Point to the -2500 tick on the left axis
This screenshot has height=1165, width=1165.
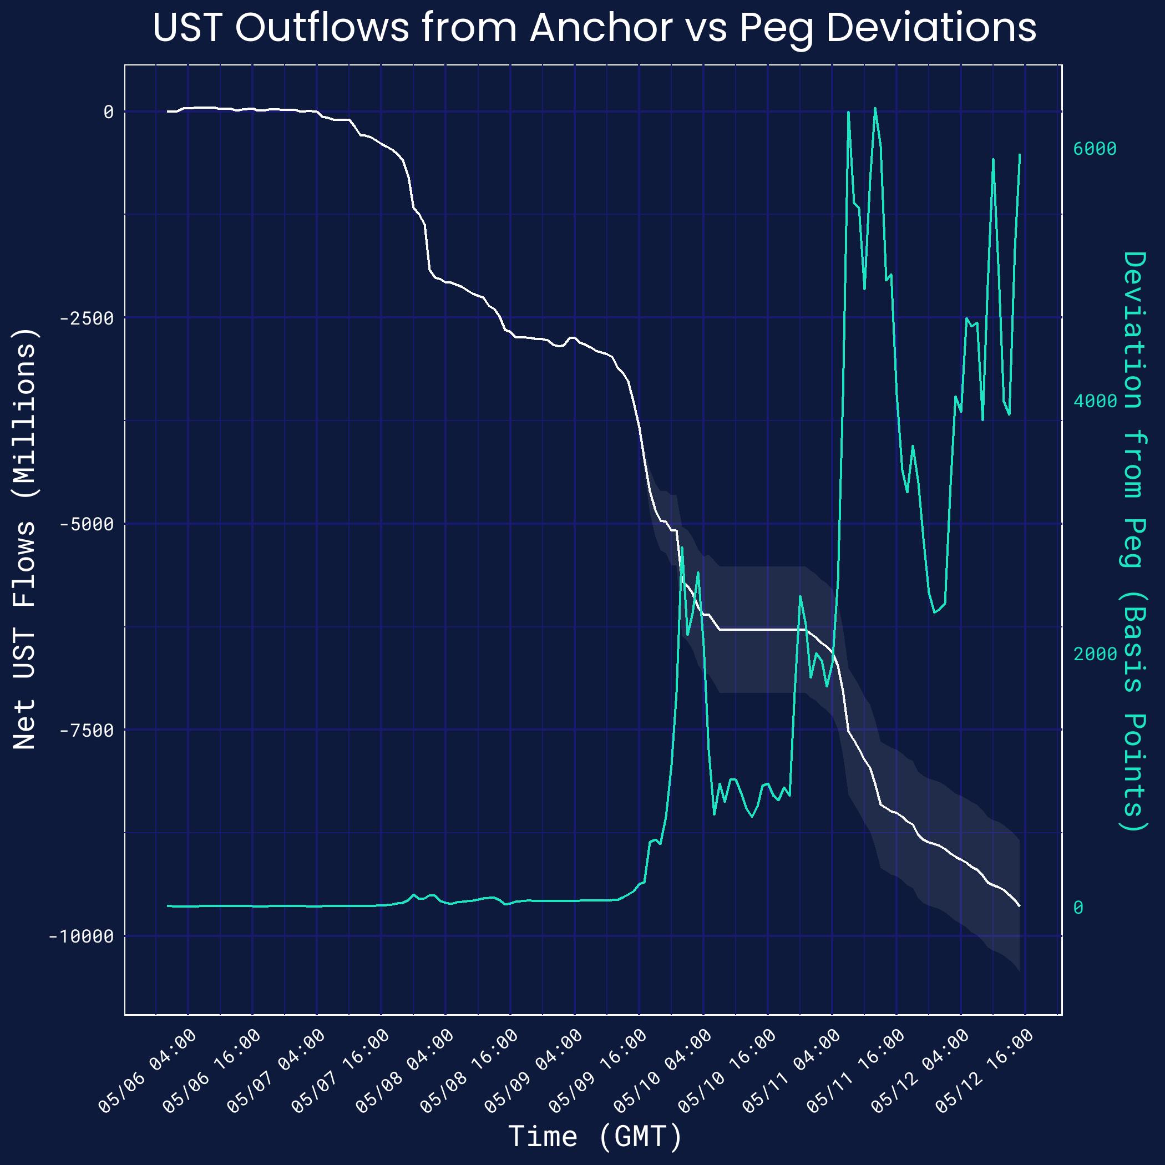point(86,318)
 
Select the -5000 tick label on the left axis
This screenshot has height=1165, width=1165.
point(86,525)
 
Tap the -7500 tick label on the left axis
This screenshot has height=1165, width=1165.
point(86,731)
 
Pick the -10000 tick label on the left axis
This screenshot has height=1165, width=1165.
point(82,937)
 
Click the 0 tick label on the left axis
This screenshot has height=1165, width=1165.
point(109,112)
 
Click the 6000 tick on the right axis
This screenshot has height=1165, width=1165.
point(1095,149)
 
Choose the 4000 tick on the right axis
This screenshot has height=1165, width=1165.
point(1095,402)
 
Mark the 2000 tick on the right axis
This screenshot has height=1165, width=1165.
point(1095,654)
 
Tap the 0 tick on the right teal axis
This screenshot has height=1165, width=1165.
point(1078,908)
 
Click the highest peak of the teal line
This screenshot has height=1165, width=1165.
point(875,109)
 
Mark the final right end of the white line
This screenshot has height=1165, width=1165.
point(1019,906)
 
